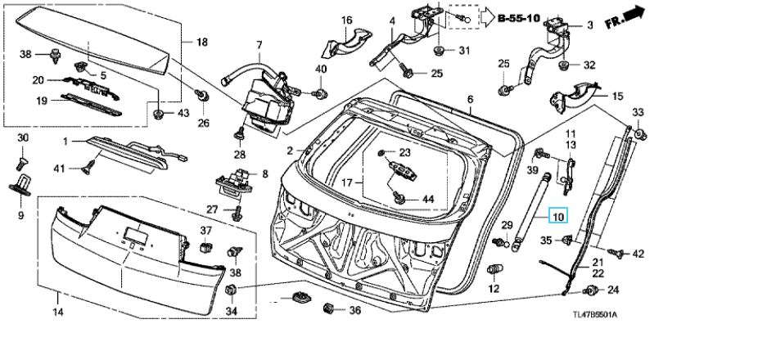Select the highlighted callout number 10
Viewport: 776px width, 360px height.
pyautogui.click(x=557, y=217)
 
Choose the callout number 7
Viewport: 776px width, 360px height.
pyautogui.click(x=259, y=44)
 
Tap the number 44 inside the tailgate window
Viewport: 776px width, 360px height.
pyautogui.click(x=428, y=199)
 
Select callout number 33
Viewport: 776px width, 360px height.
pyautogui.click(x=638, y=112)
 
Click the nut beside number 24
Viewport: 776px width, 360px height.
pyautogui.click(x=590, y=290)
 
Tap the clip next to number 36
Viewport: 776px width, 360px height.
pyautogui.click(x=331, y=309)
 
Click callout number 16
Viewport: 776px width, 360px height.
pyautogui.click(x=346, y=20)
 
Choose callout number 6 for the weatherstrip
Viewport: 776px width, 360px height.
pyautogui.click(x=471, y=100)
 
